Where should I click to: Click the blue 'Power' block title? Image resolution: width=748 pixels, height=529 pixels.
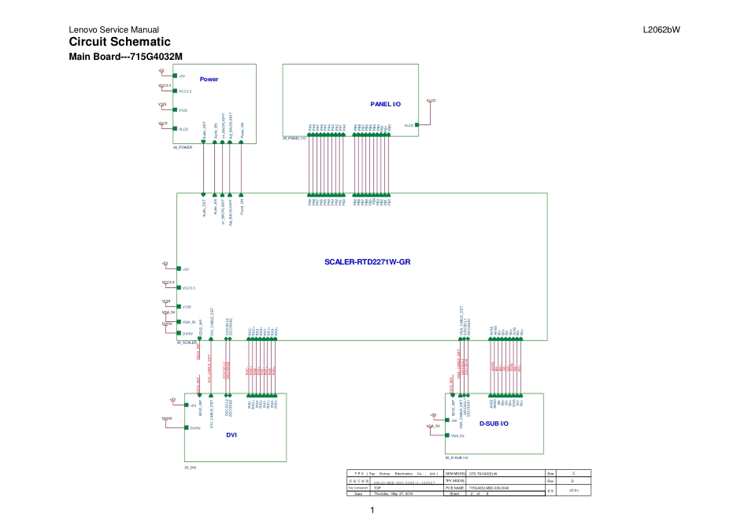[209, 79]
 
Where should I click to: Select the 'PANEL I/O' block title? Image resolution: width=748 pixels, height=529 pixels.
[385, 104]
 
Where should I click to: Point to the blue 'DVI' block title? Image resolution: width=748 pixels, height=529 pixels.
[231, 435]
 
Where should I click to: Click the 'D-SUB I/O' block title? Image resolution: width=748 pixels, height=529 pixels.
[494, 423]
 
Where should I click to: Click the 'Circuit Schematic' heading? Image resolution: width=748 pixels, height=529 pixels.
[120, 42]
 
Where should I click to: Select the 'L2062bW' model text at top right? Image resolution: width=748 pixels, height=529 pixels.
[661, 30]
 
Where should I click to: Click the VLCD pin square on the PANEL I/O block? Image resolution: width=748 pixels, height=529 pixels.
[417, 124]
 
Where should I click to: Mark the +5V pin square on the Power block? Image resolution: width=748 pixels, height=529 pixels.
[174, 76]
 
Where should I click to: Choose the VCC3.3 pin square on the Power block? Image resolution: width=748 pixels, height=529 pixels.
[174, 91]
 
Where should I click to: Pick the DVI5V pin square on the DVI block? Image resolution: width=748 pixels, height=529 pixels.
[185, 427]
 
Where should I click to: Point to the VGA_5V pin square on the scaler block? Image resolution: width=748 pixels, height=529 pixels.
[178, 321]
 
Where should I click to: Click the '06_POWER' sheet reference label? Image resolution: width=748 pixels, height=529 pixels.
[183, 147]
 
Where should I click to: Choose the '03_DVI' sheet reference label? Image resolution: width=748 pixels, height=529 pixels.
[190, 468]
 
